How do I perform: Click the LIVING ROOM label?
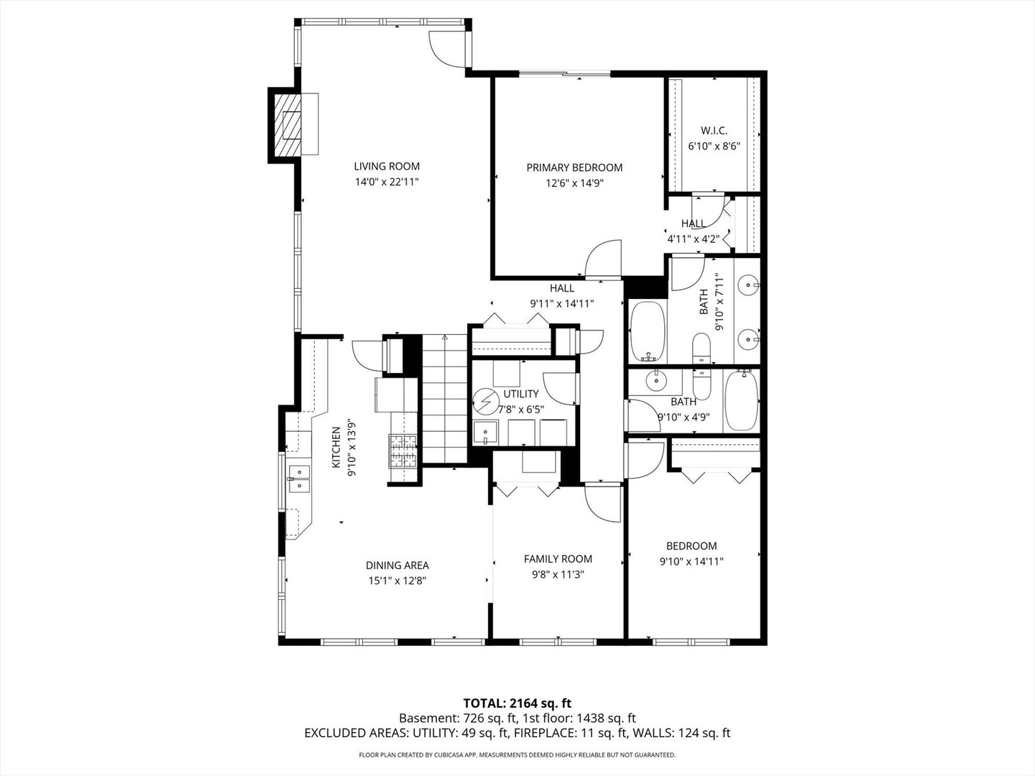[387, 167]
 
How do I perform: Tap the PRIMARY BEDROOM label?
[574, 167]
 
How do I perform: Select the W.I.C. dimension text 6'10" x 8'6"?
[714, 146]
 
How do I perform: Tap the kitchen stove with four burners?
[403, 451]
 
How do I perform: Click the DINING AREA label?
[397, 565]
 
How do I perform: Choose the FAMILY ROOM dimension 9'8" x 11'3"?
[558, 574]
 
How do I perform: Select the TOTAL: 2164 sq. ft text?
[517, 703]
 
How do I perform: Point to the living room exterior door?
[448, 49]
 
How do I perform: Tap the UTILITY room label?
[521, 394]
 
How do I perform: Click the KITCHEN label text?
[336, 448]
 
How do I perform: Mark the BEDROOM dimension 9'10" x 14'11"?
[691, 562]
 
